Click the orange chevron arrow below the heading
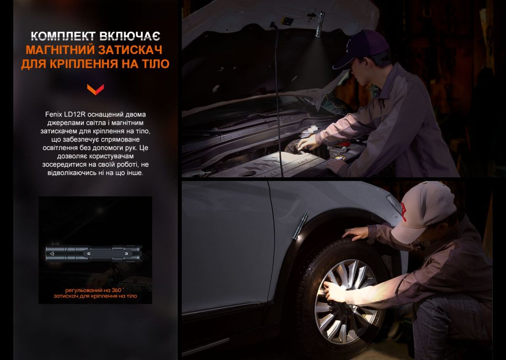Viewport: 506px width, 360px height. [x=95, y=89]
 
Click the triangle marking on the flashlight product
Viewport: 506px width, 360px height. [x=52, y=254]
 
